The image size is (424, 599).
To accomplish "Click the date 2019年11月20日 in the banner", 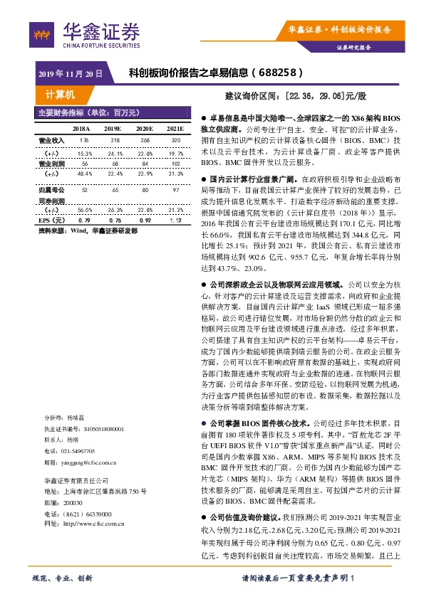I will click(71, 73).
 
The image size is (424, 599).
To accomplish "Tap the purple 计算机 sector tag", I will click(59, 94).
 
